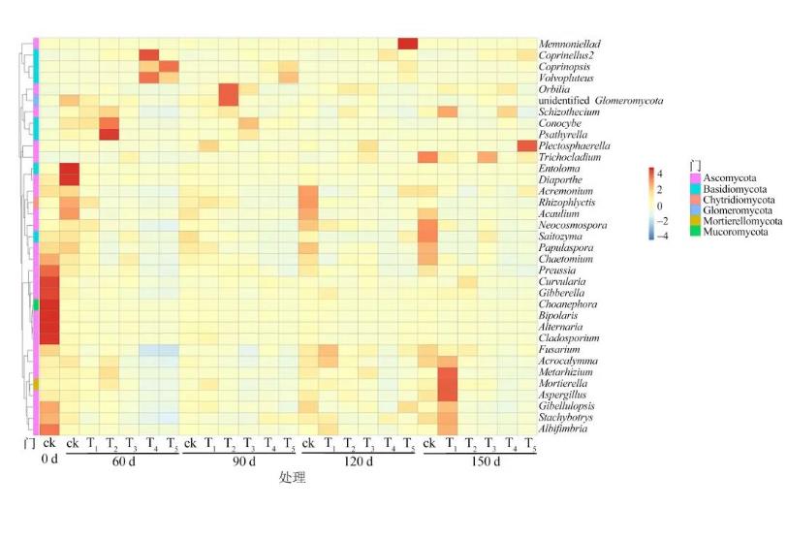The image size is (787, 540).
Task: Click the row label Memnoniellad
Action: (572, 45)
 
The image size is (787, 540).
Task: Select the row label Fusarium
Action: (559, 350)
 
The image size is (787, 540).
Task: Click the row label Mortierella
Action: (567, 384)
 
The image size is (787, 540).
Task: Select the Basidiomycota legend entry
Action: (730, 189)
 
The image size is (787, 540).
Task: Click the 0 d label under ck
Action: (49, 461)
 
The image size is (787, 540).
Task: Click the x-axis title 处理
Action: (293, 478)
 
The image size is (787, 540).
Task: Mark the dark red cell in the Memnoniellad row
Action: (407, 44)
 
